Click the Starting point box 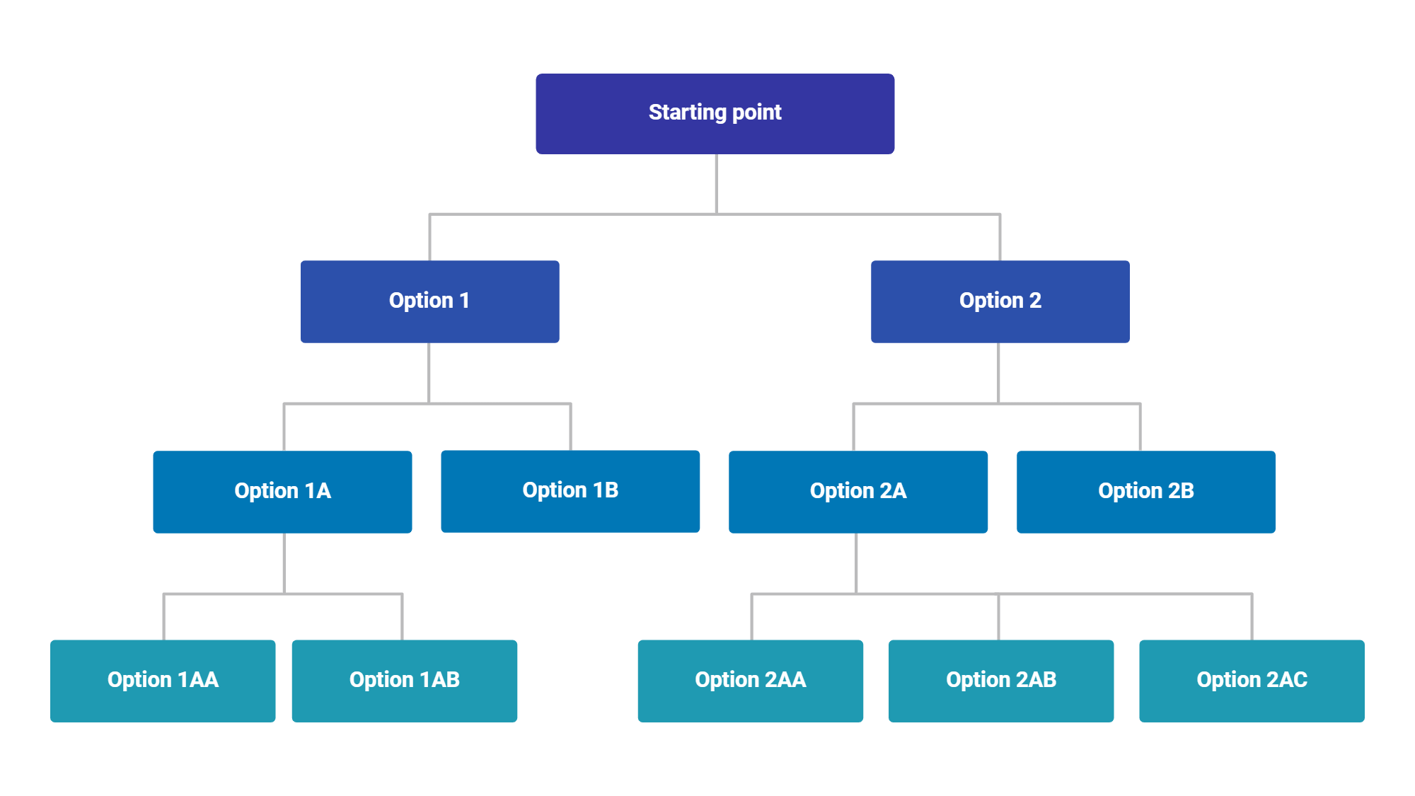715,113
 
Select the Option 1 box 429,301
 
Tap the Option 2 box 1000,301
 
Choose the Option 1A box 282,492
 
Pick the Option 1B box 570,491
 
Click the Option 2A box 857,492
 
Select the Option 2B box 1145,492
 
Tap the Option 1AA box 163,681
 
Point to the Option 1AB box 404,681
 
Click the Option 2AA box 750,681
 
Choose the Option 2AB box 1000,681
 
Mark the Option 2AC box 1252,681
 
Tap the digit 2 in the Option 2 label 1035,300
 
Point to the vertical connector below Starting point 716,184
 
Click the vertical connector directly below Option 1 429,373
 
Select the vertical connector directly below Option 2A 856,563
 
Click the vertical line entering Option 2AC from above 1252,617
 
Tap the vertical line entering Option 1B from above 570,427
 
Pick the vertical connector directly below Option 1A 284,563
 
